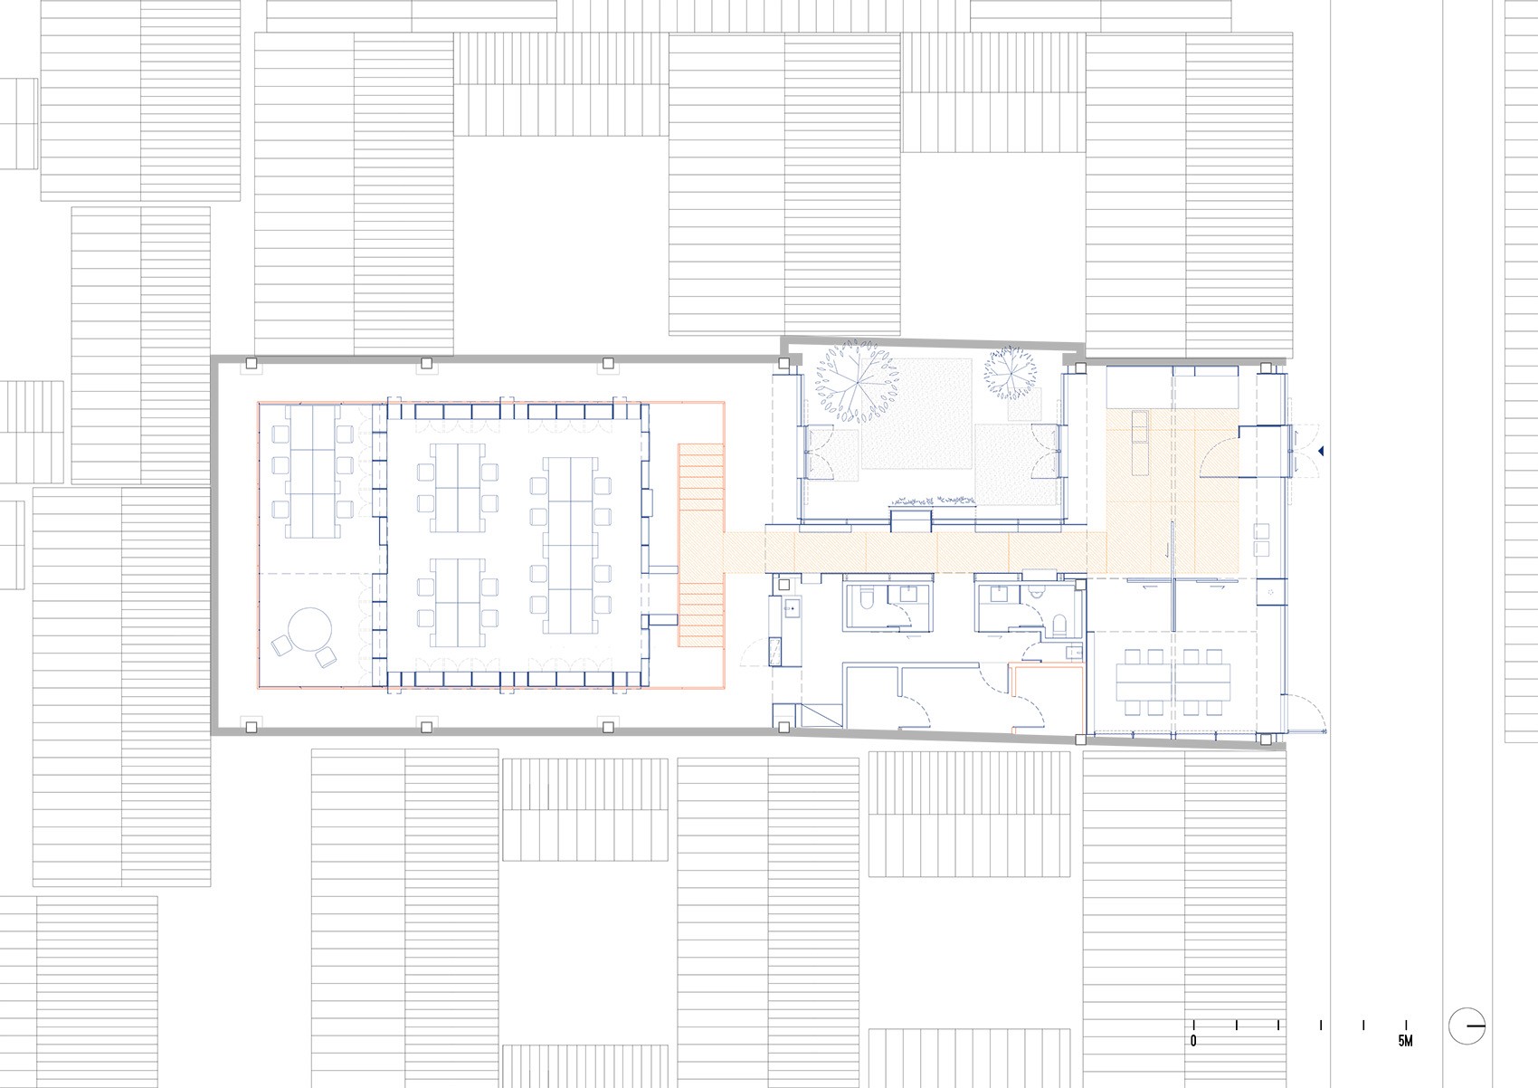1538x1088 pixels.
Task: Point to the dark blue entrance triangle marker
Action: [x=1320, y=452]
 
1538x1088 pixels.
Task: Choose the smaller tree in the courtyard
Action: [x=1010, y=373]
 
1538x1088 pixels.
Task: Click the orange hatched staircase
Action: [x=701, y=546]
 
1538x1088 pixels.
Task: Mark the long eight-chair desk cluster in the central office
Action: [x=571, y=546]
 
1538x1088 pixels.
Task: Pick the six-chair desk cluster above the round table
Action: [x=312, y=472]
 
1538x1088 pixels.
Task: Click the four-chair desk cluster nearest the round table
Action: [x=457, y=603]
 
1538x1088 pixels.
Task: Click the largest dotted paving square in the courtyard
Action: [x=916, y=413]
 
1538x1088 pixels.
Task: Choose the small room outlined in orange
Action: [x=1047, y=698]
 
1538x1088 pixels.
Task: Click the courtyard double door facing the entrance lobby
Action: [x=1047, y=451]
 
